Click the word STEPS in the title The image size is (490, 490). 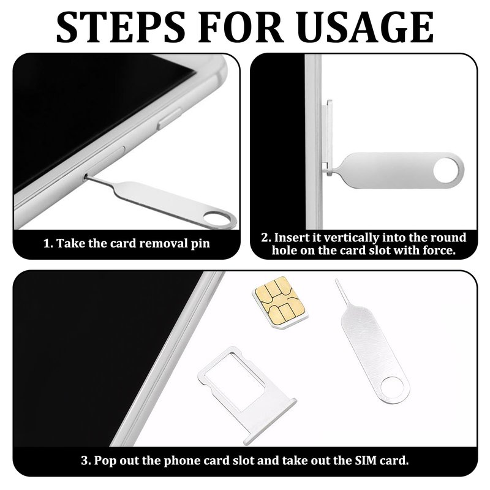pyautogui.click(x=121, y=27)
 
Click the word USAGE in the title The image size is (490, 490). pyautogui.click(x=365, y=27)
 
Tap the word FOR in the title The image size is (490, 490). pyautogui.click(x=241, y=27)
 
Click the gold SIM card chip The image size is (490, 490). pyautogui.click(x=281, y=301)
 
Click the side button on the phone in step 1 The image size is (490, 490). pyautogui.click(x=169, y=118)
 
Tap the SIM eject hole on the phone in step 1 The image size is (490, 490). pyautogui.click(x=85, y=177)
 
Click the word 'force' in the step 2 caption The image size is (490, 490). pyautogui.click(x=439, y=251)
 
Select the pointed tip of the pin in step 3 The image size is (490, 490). pyautogui.click(x=337, y=281)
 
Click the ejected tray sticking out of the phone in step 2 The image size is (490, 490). pyautogui.click(x=327, y=137)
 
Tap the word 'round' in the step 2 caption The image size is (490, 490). pyautogui.click(x=448, y=238)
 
